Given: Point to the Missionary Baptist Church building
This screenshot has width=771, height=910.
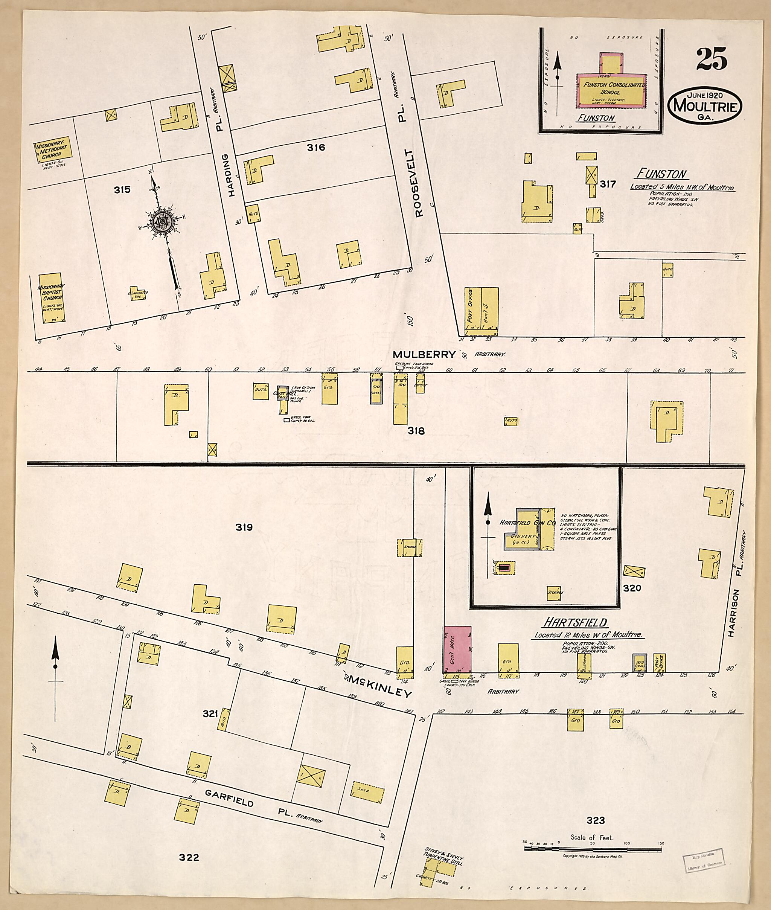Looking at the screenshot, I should (51, 298).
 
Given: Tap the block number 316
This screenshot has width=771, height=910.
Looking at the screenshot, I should (315, 148).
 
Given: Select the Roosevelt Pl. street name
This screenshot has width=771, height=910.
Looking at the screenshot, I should (420, 183).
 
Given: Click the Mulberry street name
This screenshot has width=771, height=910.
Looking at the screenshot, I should (424, 354).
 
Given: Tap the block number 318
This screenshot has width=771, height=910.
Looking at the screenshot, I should (416, 431).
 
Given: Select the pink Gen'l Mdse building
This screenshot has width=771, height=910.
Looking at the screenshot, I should (457, 649).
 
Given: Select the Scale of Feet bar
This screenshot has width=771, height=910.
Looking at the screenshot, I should (593, 848).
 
